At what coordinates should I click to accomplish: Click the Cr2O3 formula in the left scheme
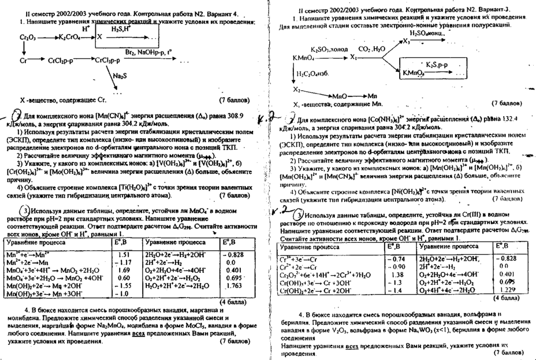27,37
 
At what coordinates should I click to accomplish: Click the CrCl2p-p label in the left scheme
61,60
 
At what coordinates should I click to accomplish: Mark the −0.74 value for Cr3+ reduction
392,259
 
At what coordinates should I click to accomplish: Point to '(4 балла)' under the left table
232,301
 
